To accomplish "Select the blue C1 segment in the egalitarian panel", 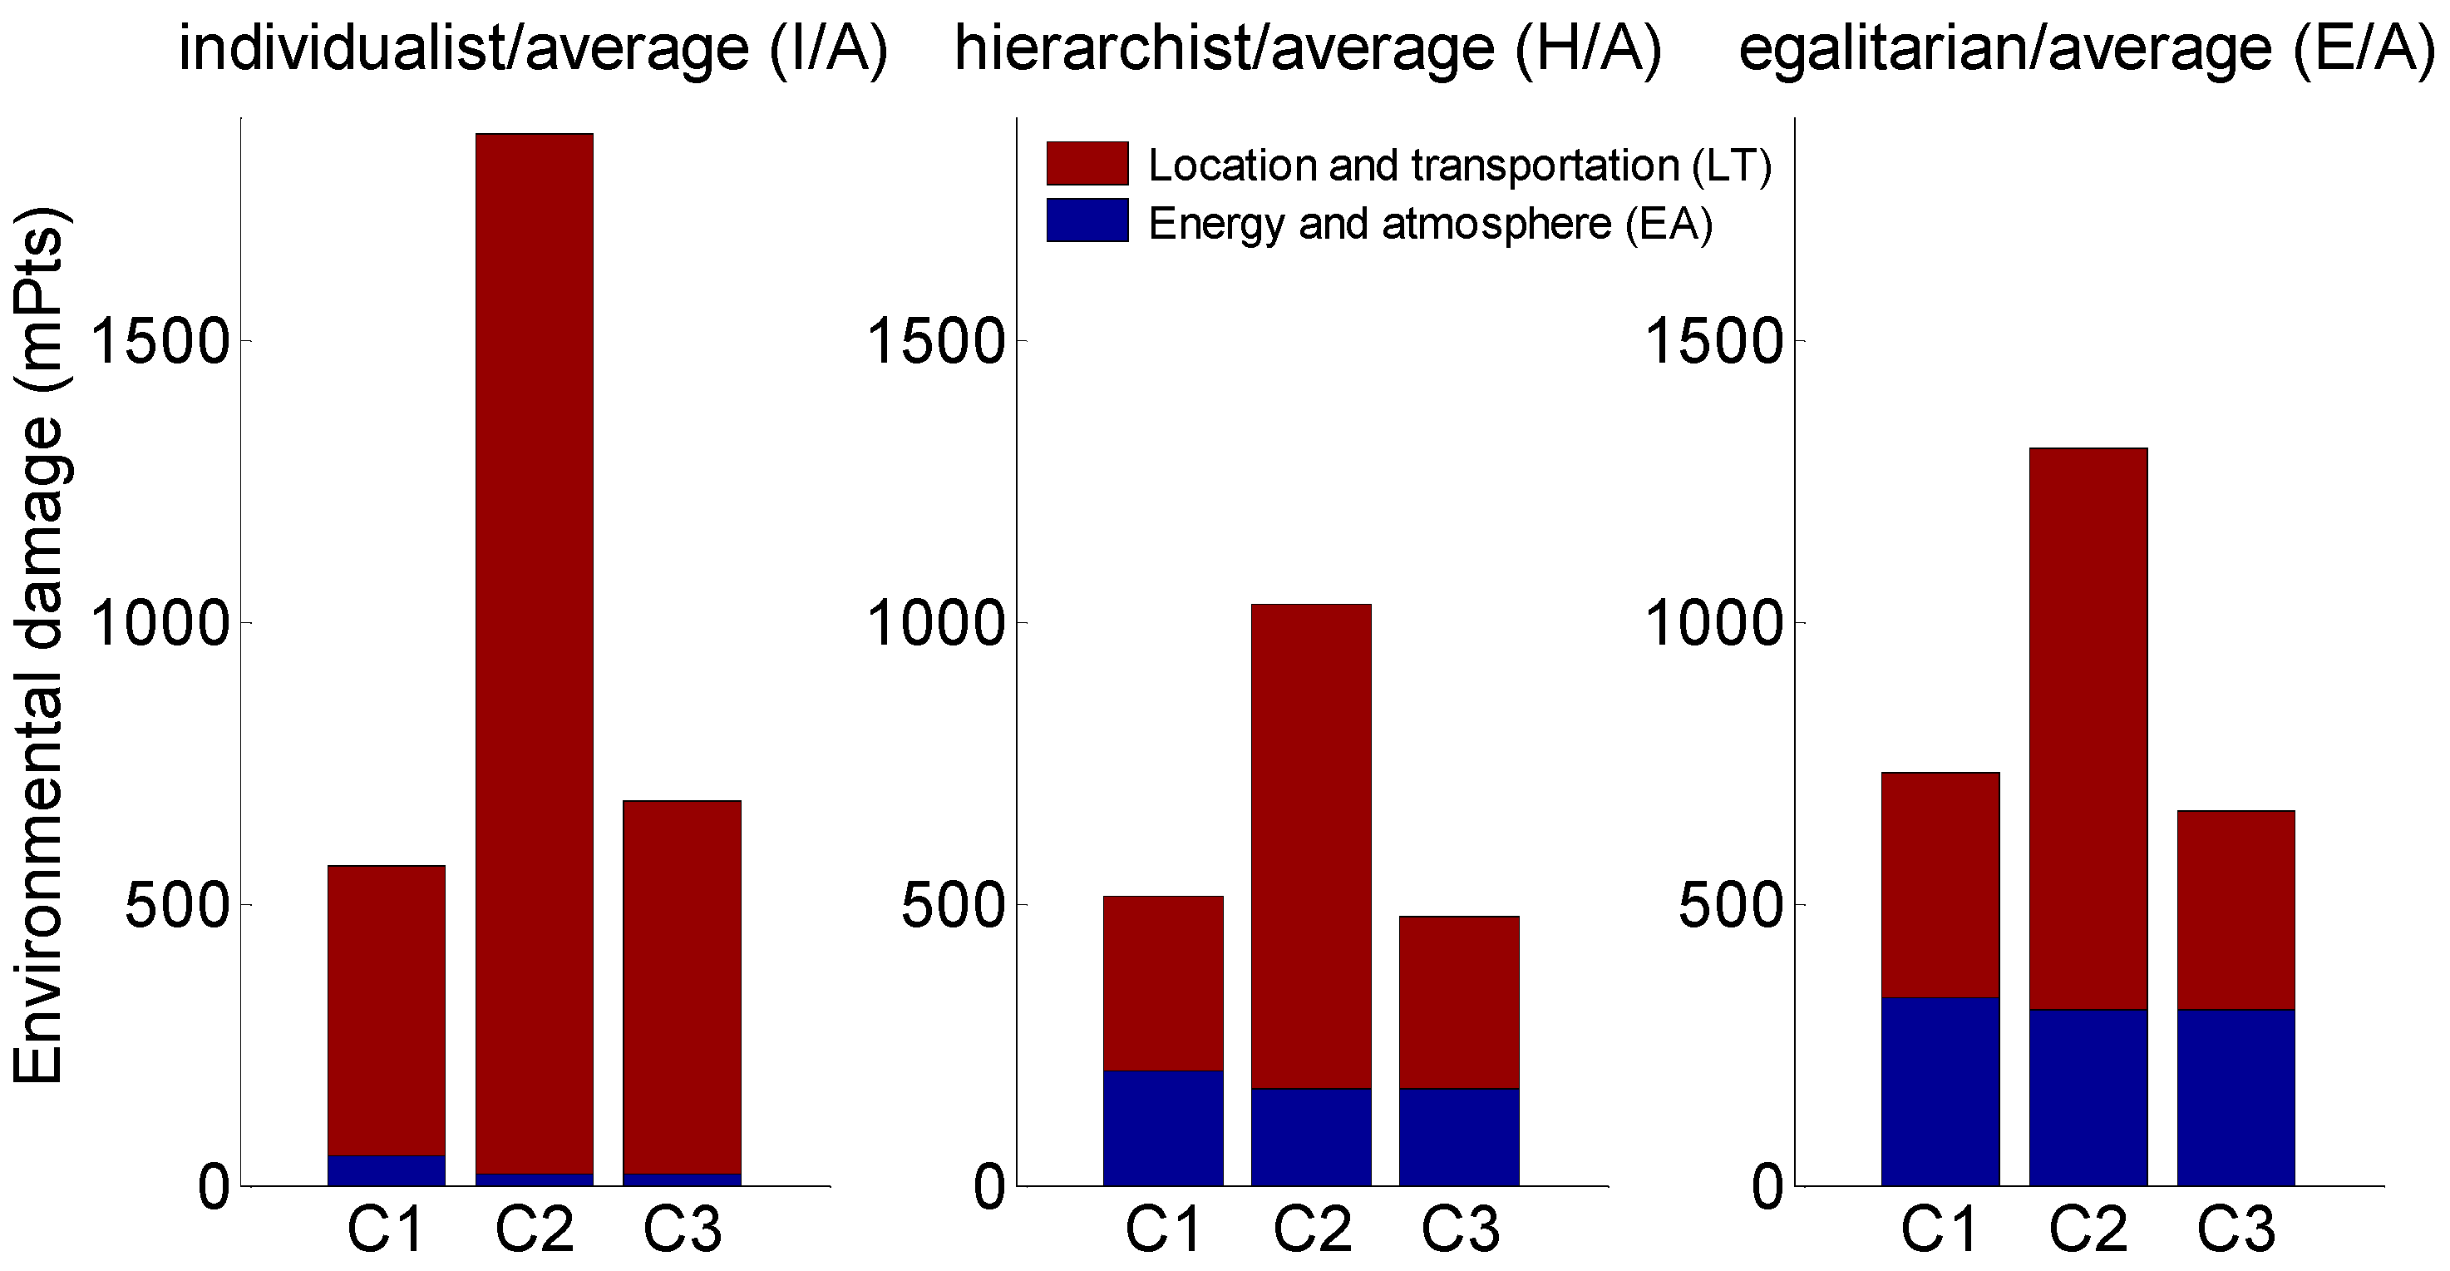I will tap(1940, 1091).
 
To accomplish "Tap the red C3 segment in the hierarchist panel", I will tap(1458, 1001).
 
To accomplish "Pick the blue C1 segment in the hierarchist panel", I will tap(1162, 1127).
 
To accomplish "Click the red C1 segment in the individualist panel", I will tap(386, 1011).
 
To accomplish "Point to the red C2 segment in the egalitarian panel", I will tap(2088, 728).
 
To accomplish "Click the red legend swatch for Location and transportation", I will tap(1087, 164).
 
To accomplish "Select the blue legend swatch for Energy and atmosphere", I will tap(1087, 220).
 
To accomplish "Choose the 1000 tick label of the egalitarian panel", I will tap(1712, 624).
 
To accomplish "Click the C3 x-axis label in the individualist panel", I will tap(682, 1229).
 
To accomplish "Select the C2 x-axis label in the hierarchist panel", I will tap(1312, 1229).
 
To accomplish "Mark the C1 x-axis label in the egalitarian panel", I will tap(1940, 1229).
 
